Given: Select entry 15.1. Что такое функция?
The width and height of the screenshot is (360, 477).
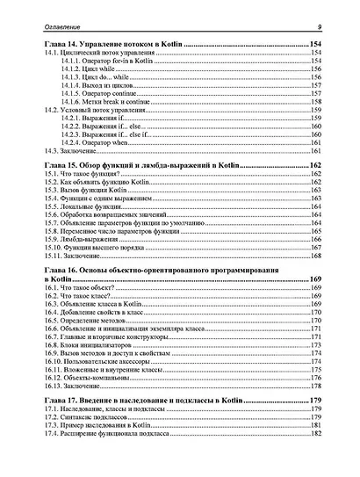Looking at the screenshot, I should coord(79,176).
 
